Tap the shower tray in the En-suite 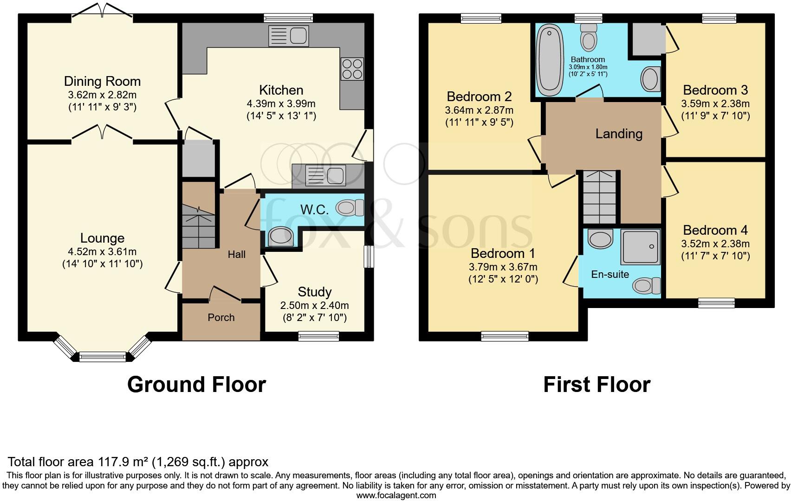641,246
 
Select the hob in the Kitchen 352,69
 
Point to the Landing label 619,134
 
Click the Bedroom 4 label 715,230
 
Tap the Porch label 221,318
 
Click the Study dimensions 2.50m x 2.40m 314,306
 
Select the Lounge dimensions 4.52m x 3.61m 102,252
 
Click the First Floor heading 596,385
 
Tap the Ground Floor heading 196,385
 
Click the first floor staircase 600,197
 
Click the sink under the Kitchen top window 288,36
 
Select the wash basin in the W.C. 280,237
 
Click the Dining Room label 102,82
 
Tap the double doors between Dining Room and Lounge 103,133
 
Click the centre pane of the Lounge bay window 103,357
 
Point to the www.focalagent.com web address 396,495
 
